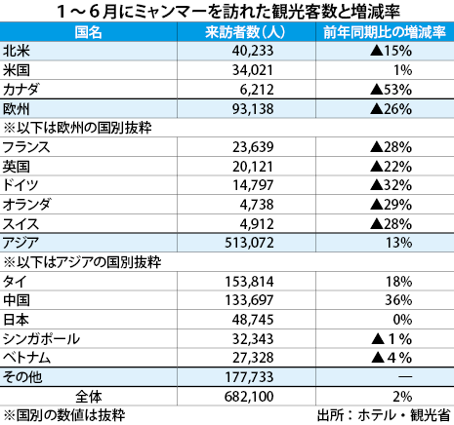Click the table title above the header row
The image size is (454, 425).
[228, 12]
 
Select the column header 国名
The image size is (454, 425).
[88, 32]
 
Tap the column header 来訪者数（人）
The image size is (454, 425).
[246, 32]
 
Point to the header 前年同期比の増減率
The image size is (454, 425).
[385, 32]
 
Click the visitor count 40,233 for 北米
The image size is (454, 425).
[253, 51]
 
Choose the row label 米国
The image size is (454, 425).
[17, 70]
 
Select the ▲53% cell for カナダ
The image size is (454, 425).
[391, 90]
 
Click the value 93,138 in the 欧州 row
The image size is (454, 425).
[253, 109]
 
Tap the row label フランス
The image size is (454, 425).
[26, 147]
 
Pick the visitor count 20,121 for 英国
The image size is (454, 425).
[253, 167]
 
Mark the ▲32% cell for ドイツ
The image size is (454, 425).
[391, 185]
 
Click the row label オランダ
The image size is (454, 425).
[26, 205]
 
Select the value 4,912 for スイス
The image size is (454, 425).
[257, 224]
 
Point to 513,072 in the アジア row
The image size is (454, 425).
[249, 243]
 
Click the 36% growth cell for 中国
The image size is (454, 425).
[398, 300]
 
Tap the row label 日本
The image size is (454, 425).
[16, 320]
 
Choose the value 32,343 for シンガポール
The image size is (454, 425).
[253, 339]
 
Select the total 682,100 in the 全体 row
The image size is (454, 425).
[249, 397]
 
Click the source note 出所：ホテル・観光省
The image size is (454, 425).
[384, 415]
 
